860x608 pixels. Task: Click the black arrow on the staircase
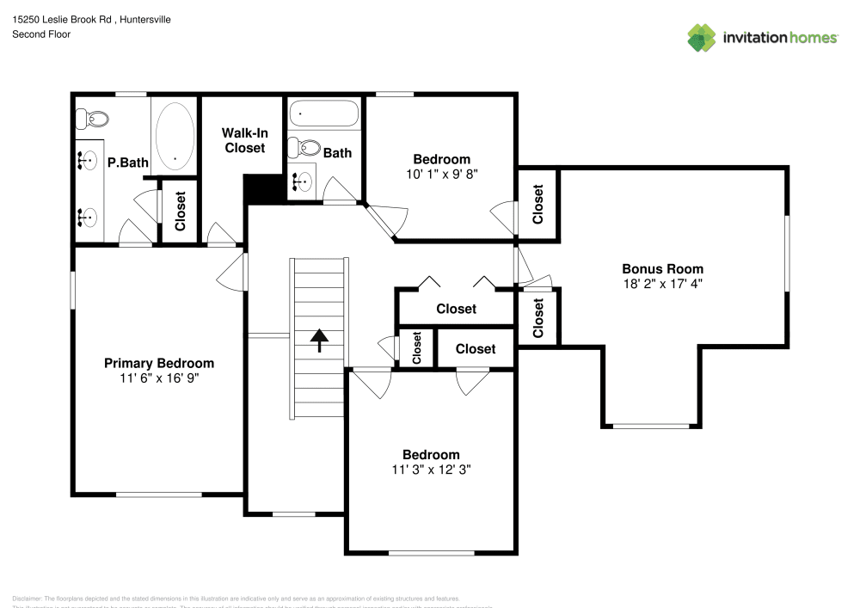(x=319, y=341)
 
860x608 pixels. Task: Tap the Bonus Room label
(x=662, y=268)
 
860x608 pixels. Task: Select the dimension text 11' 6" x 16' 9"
(x=159, y=378)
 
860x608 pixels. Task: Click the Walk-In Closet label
(x=244, y=140)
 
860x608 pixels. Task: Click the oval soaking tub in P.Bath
(x=175, y=135)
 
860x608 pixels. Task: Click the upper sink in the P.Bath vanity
(x=87, y=159)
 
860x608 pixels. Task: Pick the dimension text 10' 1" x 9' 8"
(x=441, y=173)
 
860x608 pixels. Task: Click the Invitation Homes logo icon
(x=701, y=37)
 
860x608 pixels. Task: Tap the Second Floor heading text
(x=41, y=34)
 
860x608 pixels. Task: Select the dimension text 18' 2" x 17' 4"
(x=662, y=283)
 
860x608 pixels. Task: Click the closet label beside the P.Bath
(x=181, y=211)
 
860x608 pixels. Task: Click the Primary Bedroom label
(x=159, y=363)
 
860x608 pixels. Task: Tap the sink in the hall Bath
(x=303, y=182)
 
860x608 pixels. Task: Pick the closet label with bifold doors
(x=456, y=309)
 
